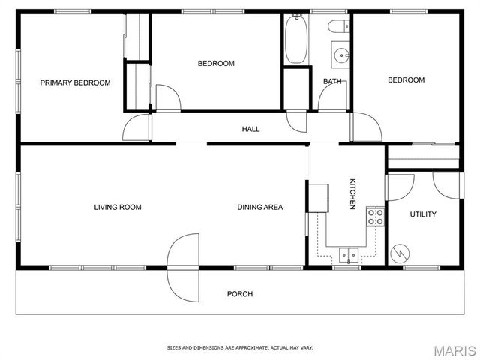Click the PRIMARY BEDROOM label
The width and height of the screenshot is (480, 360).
75,82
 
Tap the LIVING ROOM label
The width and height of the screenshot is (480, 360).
118,207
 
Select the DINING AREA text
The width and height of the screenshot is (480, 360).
260,207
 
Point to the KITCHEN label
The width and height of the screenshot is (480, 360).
352,194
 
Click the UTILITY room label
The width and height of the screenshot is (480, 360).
423,214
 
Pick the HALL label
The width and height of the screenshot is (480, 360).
250,129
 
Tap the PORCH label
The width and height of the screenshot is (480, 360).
240,294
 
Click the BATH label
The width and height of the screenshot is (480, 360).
332,81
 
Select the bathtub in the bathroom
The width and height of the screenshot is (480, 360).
295,39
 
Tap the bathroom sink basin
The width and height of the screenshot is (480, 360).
341,54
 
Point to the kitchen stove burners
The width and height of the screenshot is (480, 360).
375,217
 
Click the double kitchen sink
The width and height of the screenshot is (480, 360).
348,254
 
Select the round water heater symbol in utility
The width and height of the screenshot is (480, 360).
402,253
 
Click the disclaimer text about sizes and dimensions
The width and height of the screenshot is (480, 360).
240,347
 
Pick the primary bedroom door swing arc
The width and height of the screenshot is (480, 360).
136,127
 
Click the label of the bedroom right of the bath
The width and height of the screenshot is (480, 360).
406,80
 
